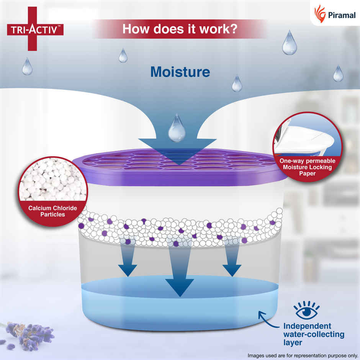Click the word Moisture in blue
[180, 72]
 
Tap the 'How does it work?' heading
[179, 29]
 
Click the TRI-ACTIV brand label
[35, 29]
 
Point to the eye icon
[306, 311]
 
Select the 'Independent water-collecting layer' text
[313, 334]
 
